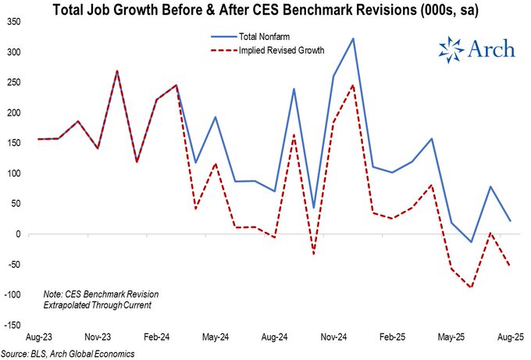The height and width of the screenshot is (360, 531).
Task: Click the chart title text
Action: coord(265,10)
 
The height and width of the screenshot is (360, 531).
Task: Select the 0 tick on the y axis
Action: coord(20,233)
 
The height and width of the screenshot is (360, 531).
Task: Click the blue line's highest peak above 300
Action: coord(354,38)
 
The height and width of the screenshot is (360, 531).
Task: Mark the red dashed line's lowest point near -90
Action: coord(471,287)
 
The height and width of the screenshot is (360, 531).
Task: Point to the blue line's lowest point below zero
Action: coord(471,242)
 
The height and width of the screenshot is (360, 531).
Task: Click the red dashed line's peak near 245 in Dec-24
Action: coord(354,85)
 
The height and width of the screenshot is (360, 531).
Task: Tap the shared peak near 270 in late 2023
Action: coord(117,71)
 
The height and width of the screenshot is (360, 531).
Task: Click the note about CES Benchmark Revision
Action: coord(102,299)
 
